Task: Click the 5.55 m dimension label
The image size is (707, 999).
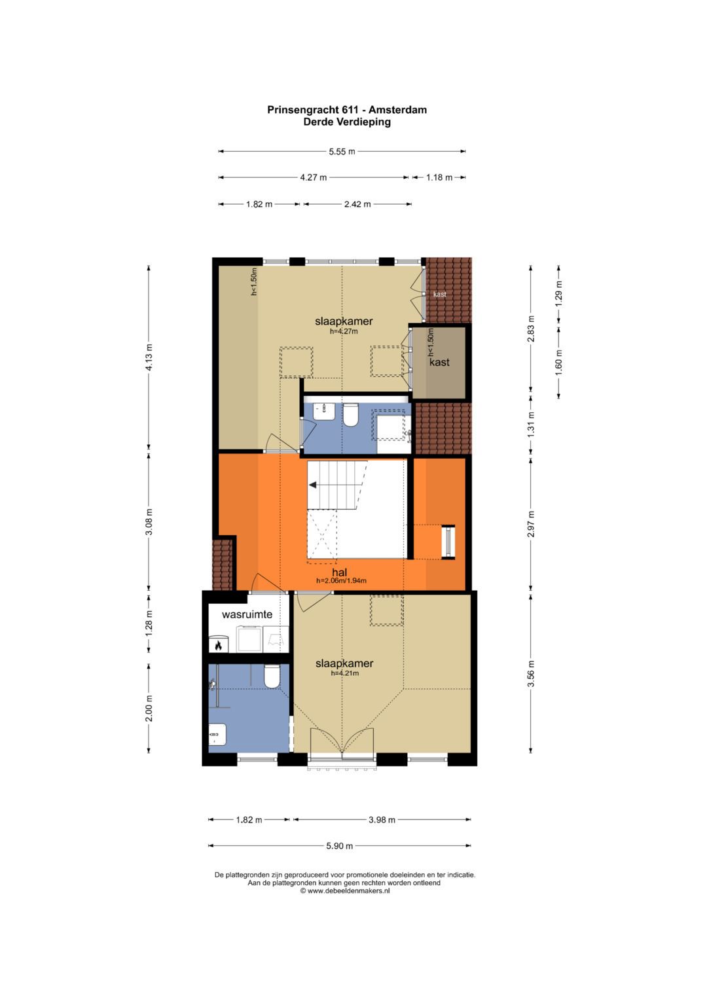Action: tap(342, 152)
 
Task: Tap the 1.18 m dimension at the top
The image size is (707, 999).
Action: tap(439, 177)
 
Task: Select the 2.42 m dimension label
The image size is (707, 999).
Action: tap(357, 204)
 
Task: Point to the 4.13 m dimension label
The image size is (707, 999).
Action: tap(149, 357)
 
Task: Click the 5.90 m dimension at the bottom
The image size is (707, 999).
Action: tap(340, 845)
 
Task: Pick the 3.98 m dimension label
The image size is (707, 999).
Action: tap(382, 820)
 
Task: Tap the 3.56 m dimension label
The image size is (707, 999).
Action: tap(531, 673)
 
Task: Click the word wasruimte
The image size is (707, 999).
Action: tap(247, 614)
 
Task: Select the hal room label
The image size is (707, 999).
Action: tap(339, 572)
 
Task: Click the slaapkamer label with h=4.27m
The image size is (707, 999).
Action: tap(344, 321)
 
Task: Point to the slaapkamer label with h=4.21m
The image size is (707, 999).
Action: tap(344, 663)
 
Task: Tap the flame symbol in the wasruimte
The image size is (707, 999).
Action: tap(218, 645)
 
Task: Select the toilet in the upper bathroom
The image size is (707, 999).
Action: tap(351, 415)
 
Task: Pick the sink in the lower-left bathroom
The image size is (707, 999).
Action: tap(217, 733)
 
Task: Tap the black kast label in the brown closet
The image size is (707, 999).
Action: tap(439, 362)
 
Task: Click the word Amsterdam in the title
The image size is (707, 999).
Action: tap(397, 110)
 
